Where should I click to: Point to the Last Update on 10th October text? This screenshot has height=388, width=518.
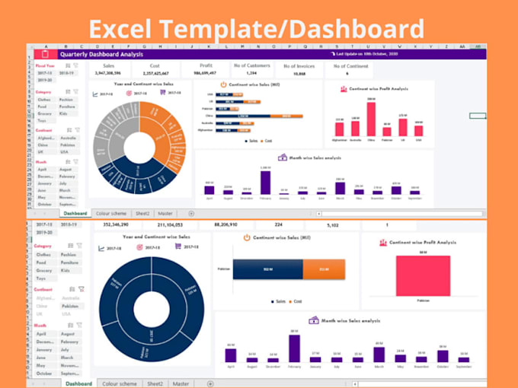pyautogui.click(x=365, y=55)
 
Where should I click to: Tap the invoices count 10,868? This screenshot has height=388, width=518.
pyautogui.click(x=299, y=75)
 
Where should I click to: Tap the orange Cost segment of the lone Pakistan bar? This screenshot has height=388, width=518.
pyautogui.click(x=324, y=269)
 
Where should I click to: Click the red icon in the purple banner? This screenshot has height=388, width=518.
pyautogui.click(x=44, y=55)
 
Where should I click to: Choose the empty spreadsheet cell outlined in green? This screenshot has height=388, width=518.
pyautogui.click(x=478, y=116)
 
